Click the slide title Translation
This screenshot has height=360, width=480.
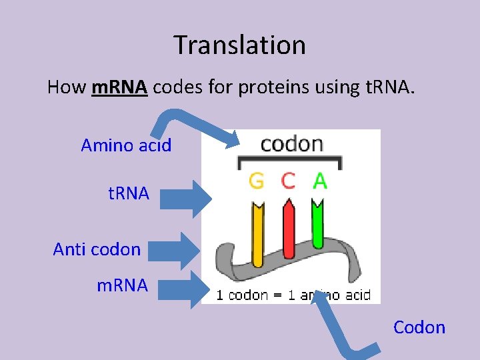[240, 45]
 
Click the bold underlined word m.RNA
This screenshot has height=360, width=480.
[119, 87]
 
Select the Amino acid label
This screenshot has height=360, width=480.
[126, 145]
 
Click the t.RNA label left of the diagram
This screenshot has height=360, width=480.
[129, 194]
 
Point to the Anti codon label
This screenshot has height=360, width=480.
[97, 249]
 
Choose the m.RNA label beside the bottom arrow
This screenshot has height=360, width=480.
[122, 285]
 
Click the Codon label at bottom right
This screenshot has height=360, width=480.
[419, 327]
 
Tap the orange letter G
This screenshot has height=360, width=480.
[257, 181]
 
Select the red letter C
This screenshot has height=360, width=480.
[288, 181]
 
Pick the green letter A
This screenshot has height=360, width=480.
[319, 181]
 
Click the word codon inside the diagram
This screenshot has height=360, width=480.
[291, 144]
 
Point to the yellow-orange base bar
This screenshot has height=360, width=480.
[257, 233]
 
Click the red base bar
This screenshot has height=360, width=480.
[289, 230]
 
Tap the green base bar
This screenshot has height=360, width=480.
[318, 223]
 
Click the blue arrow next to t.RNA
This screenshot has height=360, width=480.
[184, 198]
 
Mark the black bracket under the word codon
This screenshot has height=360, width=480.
[290, 161]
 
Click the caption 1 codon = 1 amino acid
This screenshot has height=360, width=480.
[293, 295]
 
